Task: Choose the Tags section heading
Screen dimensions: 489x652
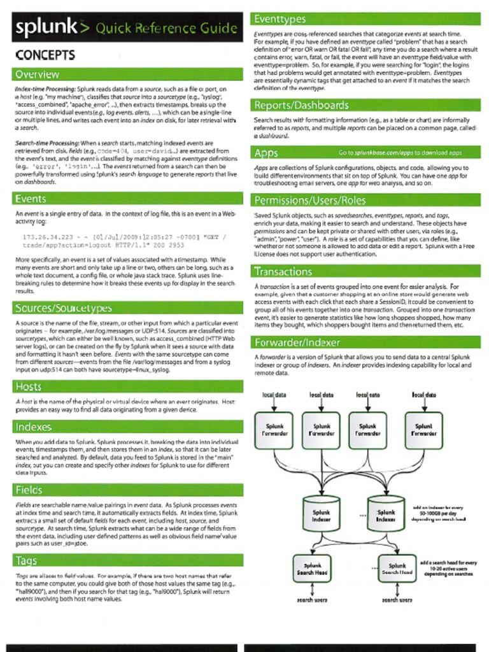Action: point(26,560)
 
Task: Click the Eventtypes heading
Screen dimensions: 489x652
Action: point(280,19)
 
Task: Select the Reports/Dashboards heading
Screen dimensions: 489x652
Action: point(301,105)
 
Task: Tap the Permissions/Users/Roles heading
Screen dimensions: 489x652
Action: point(310,201)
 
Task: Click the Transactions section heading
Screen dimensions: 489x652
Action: point(283,271)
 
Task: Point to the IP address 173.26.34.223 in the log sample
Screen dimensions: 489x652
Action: point(48,237)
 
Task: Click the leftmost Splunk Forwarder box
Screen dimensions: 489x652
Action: point(274,430)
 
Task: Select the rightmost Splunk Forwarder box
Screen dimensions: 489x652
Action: point(423,430)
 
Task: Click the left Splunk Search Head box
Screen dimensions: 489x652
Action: point(312,569)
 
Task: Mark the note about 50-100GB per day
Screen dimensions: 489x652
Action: point(439,513)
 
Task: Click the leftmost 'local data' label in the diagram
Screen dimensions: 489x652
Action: point(274,395)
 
